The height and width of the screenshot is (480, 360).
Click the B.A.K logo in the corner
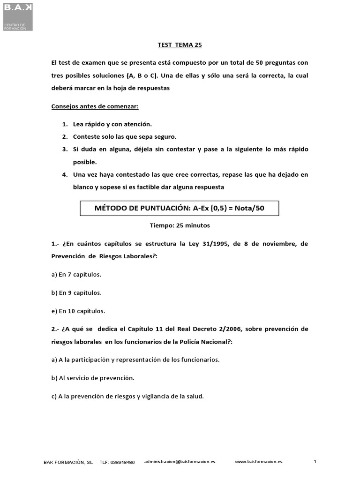pos(16,15)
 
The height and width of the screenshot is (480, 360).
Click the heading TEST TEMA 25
pos(180,45)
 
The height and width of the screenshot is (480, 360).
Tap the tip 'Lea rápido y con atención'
pos(112,124)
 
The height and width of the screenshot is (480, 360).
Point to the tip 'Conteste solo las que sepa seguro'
pos(125,137)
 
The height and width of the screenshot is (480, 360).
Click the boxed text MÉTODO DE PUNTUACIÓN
pos(180,208)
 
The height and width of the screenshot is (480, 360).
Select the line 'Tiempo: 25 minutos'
pos(180,225)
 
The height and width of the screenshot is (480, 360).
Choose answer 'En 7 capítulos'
pos(76,275)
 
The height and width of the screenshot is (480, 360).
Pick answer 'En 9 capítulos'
pos(76,293)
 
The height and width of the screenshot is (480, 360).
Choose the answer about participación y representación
pos(135,360)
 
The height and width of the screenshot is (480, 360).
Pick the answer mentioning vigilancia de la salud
pos(127,396)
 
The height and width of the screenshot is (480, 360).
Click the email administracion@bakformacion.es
pos(180,462)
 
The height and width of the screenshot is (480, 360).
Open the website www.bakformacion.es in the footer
pos(258,462)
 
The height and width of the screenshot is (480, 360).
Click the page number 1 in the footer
pos(315,462)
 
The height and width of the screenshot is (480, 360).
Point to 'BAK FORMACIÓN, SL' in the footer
pos(68,462)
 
